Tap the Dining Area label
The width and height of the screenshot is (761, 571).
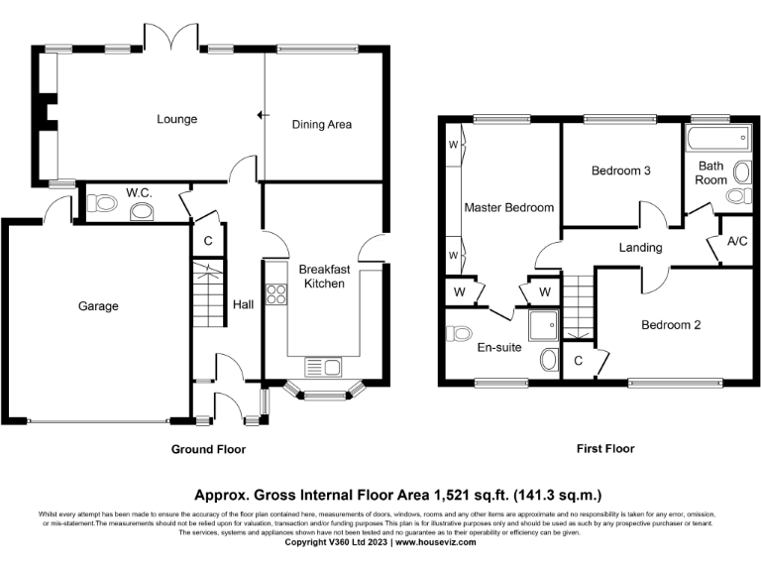(321, 125)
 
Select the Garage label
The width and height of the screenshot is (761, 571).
(98, 306)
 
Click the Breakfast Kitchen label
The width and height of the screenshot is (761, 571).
(324, 276)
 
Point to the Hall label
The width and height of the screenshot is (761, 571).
(242, 304)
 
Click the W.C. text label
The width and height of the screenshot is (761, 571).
(138, 191)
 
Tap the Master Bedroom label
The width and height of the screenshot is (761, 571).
(508, 207)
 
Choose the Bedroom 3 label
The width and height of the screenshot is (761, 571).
(620, 171)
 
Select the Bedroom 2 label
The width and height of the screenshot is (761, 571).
(670, 325)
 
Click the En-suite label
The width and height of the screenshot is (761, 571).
(499, 348)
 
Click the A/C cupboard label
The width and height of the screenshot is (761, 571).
(736, 242)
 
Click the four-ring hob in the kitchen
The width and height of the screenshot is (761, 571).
(276, 293)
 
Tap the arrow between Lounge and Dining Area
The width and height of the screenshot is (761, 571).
(262, 116)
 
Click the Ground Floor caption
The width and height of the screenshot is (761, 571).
(208, 449)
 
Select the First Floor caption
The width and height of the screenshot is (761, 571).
(605, 449)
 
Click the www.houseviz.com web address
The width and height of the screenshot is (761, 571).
(435, 542)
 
